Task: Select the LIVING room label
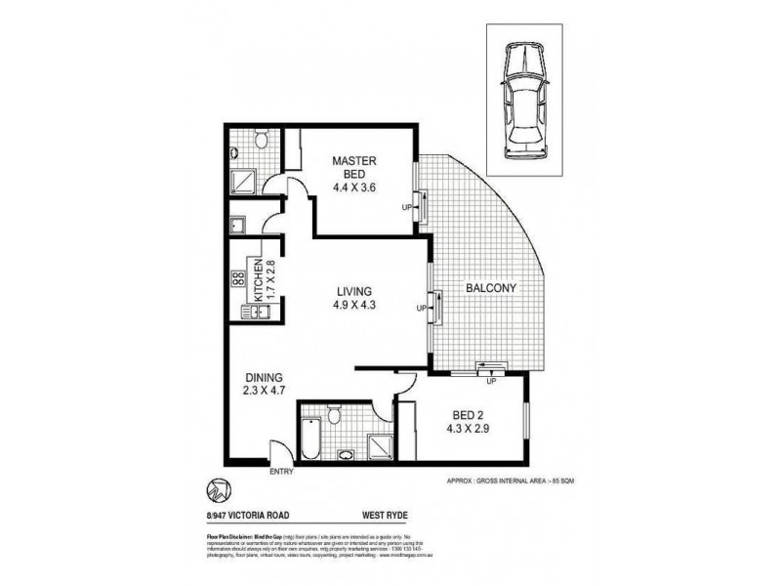[353, 296]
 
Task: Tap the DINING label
[264, 385]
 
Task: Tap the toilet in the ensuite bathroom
[259, 144]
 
